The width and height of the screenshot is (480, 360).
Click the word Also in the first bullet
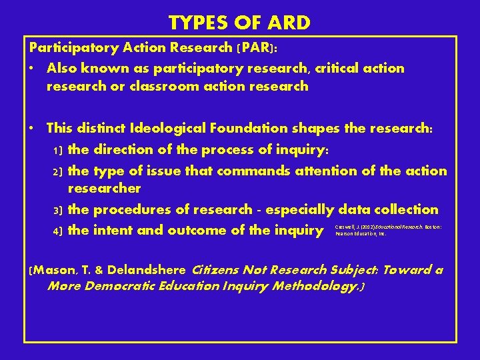tap(64, 69)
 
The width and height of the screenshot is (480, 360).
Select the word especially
tap(297, 209)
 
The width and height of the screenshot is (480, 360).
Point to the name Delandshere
tap(146, 270)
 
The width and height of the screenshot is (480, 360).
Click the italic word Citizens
tap(219, 270)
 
